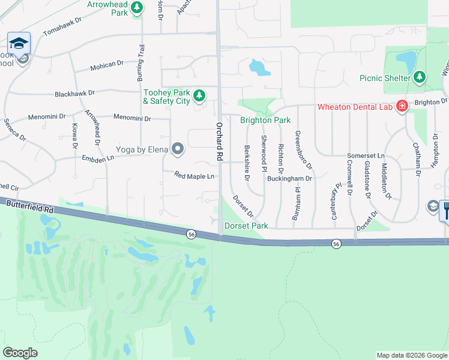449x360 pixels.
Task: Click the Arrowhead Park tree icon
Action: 137,7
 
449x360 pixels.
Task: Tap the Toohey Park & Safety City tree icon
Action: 199,95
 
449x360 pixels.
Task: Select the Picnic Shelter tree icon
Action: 420,77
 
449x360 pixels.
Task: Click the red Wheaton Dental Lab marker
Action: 402,107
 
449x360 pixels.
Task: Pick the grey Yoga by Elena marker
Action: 178,149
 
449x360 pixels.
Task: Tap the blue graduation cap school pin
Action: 19,43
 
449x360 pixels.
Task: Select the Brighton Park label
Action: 265,120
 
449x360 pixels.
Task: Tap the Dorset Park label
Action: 246,226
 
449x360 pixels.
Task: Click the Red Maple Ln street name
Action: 194,176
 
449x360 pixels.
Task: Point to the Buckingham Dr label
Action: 290,178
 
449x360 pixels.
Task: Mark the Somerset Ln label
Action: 366,155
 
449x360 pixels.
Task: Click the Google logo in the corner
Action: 20,353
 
